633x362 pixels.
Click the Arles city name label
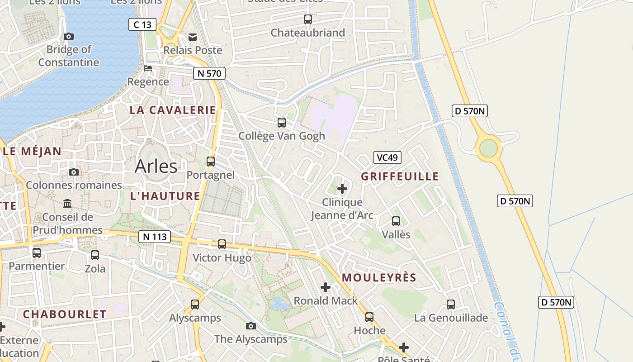click(x=156, y=166)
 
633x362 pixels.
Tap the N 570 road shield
click(x=209, y=73)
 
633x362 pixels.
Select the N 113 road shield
click(x=155, y=236)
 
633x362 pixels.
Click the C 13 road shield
click(x=142, y=24)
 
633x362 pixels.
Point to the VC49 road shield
click(x=387, y=157)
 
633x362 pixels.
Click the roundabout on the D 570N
click(x=488, y=148)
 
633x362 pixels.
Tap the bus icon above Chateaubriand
click(x=308, y=19)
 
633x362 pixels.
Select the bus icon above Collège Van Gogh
click(x=282, y=123)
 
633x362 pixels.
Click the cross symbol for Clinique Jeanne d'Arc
click(x=342, y=188)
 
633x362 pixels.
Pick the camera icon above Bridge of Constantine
click(x=69, y=36)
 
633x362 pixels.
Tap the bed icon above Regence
click(x=148, y=69)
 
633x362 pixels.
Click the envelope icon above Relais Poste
click(x=193, y=37)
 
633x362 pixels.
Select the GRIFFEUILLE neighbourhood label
click(x=400, y=176)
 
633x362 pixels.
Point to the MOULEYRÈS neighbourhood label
click(x=379, y=278)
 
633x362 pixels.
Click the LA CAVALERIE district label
click(x=173, y=110)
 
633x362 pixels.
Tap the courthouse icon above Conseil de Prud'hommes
click(x=67, y=204)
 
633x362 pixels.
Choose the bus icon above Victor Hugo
click(x=222, y=244)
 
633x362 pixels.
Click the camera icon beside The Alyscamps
click(x=251, y=326)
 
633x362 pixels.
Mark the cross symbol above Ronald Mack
click(x=325, y=287)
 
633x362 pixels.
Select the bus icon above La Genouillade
click(x=451, y=305)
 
